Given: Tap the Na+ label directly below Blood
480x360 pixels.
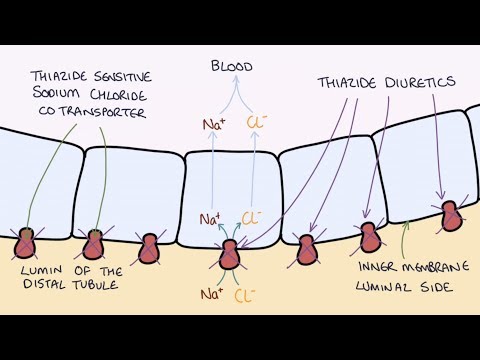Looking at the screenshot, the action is (x=212, y=127).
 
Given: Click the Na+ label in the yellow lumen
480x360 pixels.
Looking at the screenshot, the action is (x=212, y=294).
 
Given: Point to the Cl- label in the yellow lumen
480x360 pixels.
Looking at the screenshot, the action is (x=244, y=295).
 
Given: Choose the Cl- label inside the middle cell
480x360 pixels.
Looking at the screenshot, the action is (x=253, y=217).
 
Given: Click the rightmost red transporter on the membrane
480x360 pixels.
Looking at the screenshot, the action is (x=453, y=216).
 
